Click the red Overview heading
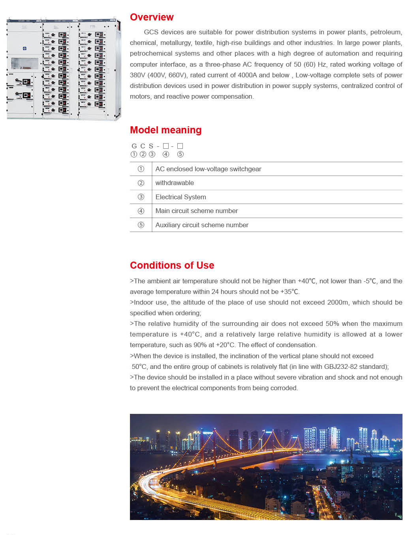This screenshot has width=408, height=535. click(152, 17)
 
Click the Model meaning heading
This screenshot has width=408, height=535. click(165, 130)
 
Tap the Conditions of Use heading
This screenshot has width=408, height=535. click(172, 266)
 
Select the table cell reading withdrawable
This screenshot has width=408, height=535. click(175, 183)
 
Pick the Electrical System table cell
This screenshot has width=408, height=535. click(180, 197)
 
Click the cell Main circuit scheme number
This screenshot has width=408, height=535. click(196, 211)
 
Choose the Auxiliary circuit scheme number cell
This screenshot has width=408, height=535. click(202, 225)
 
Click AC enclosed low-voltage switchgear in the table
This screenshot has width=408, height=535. click(208, 169)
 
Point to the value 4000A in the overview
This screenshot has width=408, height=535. click(248, 75)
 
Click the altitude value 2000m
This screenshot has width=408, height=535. click(338, 303)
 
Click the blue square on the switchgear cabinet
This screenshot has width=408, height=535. click(24, 48)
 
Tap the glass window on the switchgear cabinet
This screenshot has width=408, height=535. click(24, 63)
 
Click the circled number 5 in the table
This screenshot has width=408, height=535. click(141, 225)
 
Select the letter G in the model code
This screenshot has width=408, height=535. click(134, 146)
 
